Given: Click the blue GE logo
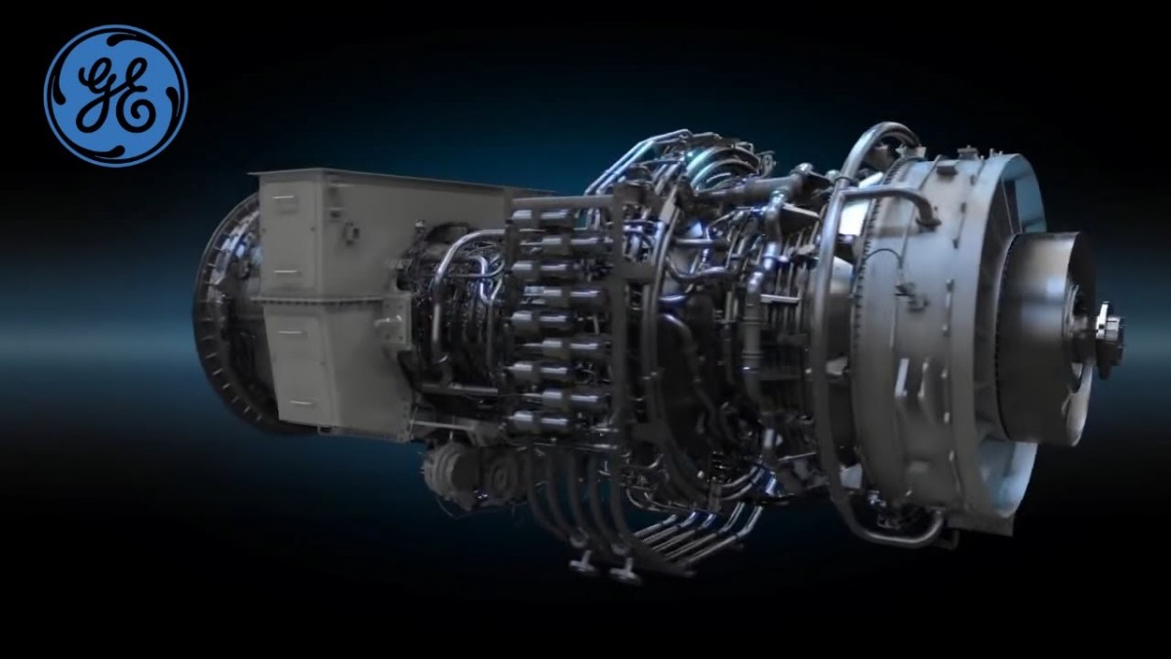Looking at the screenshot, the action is [115, 96].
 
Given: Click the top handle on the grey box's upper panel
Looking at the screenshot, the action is [284, 197].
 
